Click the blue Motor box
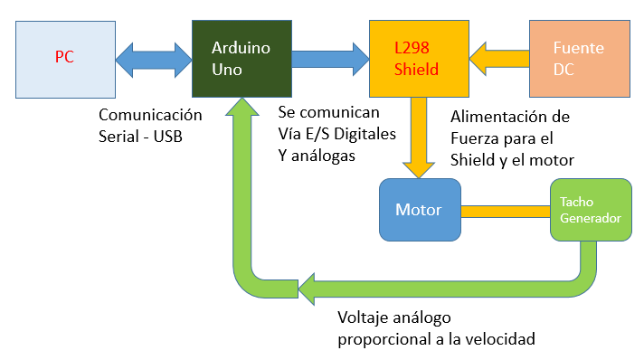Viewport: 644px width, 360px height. pos(419,210)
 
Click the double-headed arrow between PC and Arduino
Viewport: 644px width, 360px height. pos(154,58)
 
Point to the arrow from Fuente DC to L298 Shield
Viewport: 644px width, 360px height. pos(499,58)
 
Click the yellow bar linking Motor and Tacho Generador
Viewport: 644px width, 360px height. pos(505,211)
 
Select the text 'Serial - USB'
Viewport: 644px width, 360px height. pos(145,137)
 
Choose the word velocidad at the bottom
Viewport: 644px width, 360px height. pos(502,339)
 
